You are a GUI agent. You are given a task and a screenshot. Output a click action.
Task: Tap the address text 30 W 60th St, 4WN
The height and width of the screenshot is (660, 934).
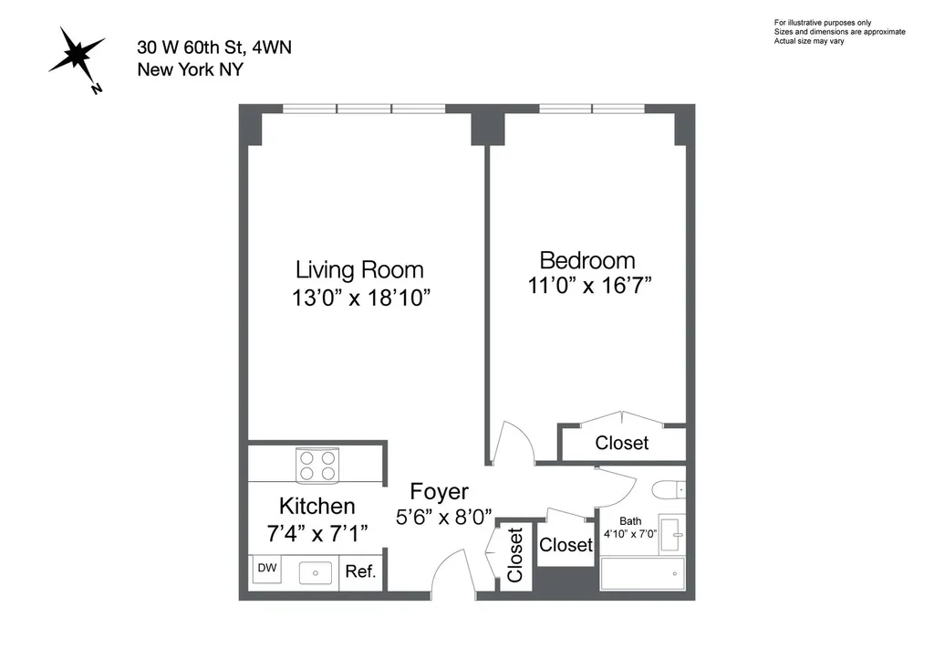coord(214,47)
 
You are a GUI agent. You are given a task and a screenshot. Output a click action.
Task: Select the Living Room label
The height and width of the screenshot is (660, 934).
coord(359,270)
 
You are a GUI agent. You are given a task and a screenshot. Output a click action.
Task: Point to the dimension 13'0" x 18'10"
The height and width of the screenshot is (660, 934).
coord(361,298)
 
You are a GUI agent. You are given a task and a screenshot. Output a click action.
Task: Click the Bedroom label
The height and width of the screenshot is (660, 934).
coord(587,260)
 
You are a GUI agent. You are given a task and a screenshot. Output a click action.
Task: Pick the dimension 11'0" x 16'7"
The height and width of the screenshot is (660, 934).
coord(590,286)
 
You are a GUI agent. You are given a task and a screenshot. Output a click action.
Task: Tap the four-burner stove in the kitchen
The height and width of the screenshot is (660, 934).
coord(317,466)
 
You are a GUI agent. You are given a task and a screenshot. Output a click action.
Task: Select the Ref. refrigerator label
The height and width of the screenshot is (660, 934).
coord(360,571)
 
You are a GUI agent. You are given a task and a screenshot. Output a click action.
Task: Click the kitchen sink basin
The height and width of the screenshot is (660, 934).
coord(315,573)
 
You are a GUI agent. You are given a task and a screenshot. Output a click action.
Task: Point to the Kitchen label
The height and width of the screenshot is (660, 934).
coord(317,506)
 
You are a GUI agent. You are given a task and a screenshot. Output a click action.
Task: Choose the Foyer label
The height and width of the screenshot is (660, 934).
coord(440,492)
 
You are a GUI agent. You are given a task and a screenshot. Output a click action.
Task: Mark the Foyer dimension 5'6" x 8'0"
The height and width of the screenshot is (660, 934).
coord(444,517)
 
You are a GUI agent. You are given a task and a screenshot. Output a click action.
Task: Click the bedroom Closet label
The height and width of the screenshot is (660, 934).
coord(622,443)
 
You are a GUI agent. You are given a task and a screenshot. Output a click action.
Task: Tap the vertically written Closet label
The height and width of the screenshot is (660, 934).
coord(514,554)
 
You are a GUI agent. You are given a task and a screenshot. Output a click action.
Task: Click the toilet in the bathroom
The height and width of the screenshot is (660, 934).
coord(669,490)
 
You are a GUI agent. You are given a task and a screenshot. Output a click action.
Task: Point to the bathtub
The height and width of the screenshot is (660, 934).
coord(642,573)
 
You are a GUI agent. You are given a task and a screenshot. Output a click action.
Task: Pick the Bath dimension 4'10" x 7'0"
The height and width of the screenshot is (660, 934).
coord(630,534)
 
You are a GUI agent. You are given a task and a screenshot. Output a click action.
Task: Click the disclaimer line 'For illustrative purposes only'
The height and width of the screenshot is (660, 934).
coord(823,23)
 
